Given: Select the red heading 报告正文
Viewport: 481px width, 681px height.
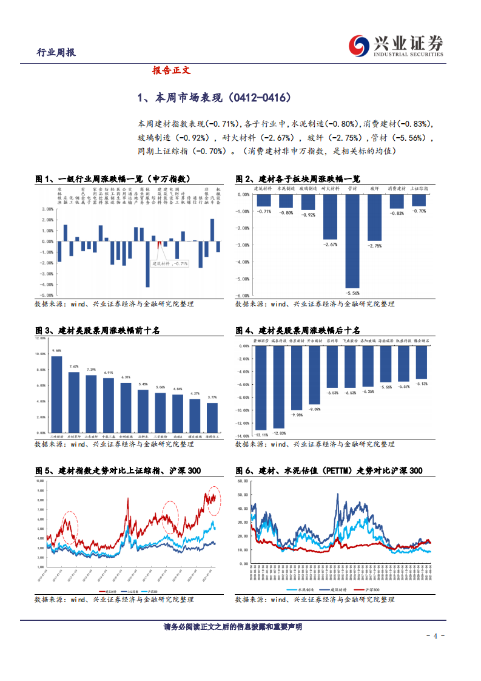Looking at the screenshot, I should pos(172,70).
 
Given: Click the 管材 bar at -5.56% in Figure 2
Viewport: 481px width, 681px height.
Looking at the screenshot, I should pos(352,240).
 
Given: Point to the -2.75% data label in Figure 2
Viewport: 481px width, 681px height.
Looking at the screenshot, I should pos(375,246).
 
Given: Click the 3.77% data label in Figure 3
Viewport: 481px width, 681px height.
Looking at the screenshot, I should pos(212,398).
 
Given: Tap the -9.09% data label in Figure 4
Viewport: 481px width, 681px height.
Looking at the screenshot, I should pos(315,409).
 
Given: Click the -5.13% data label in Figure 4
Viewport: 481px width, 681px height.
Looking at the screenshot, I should pos(422,384).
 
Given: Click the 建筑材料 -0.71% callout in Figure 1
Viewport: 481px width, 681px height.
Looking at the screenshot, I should pos(170,263).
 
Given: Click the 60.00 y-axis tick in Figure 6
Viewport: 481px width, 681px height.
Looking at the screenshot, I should pos(243,479).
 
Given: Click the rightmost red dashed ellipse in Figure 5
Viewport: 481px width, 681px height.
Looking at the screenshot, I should pos(212,499).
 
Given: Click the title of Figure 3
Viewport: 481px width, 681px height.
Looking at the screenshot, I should pos(97,330).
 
